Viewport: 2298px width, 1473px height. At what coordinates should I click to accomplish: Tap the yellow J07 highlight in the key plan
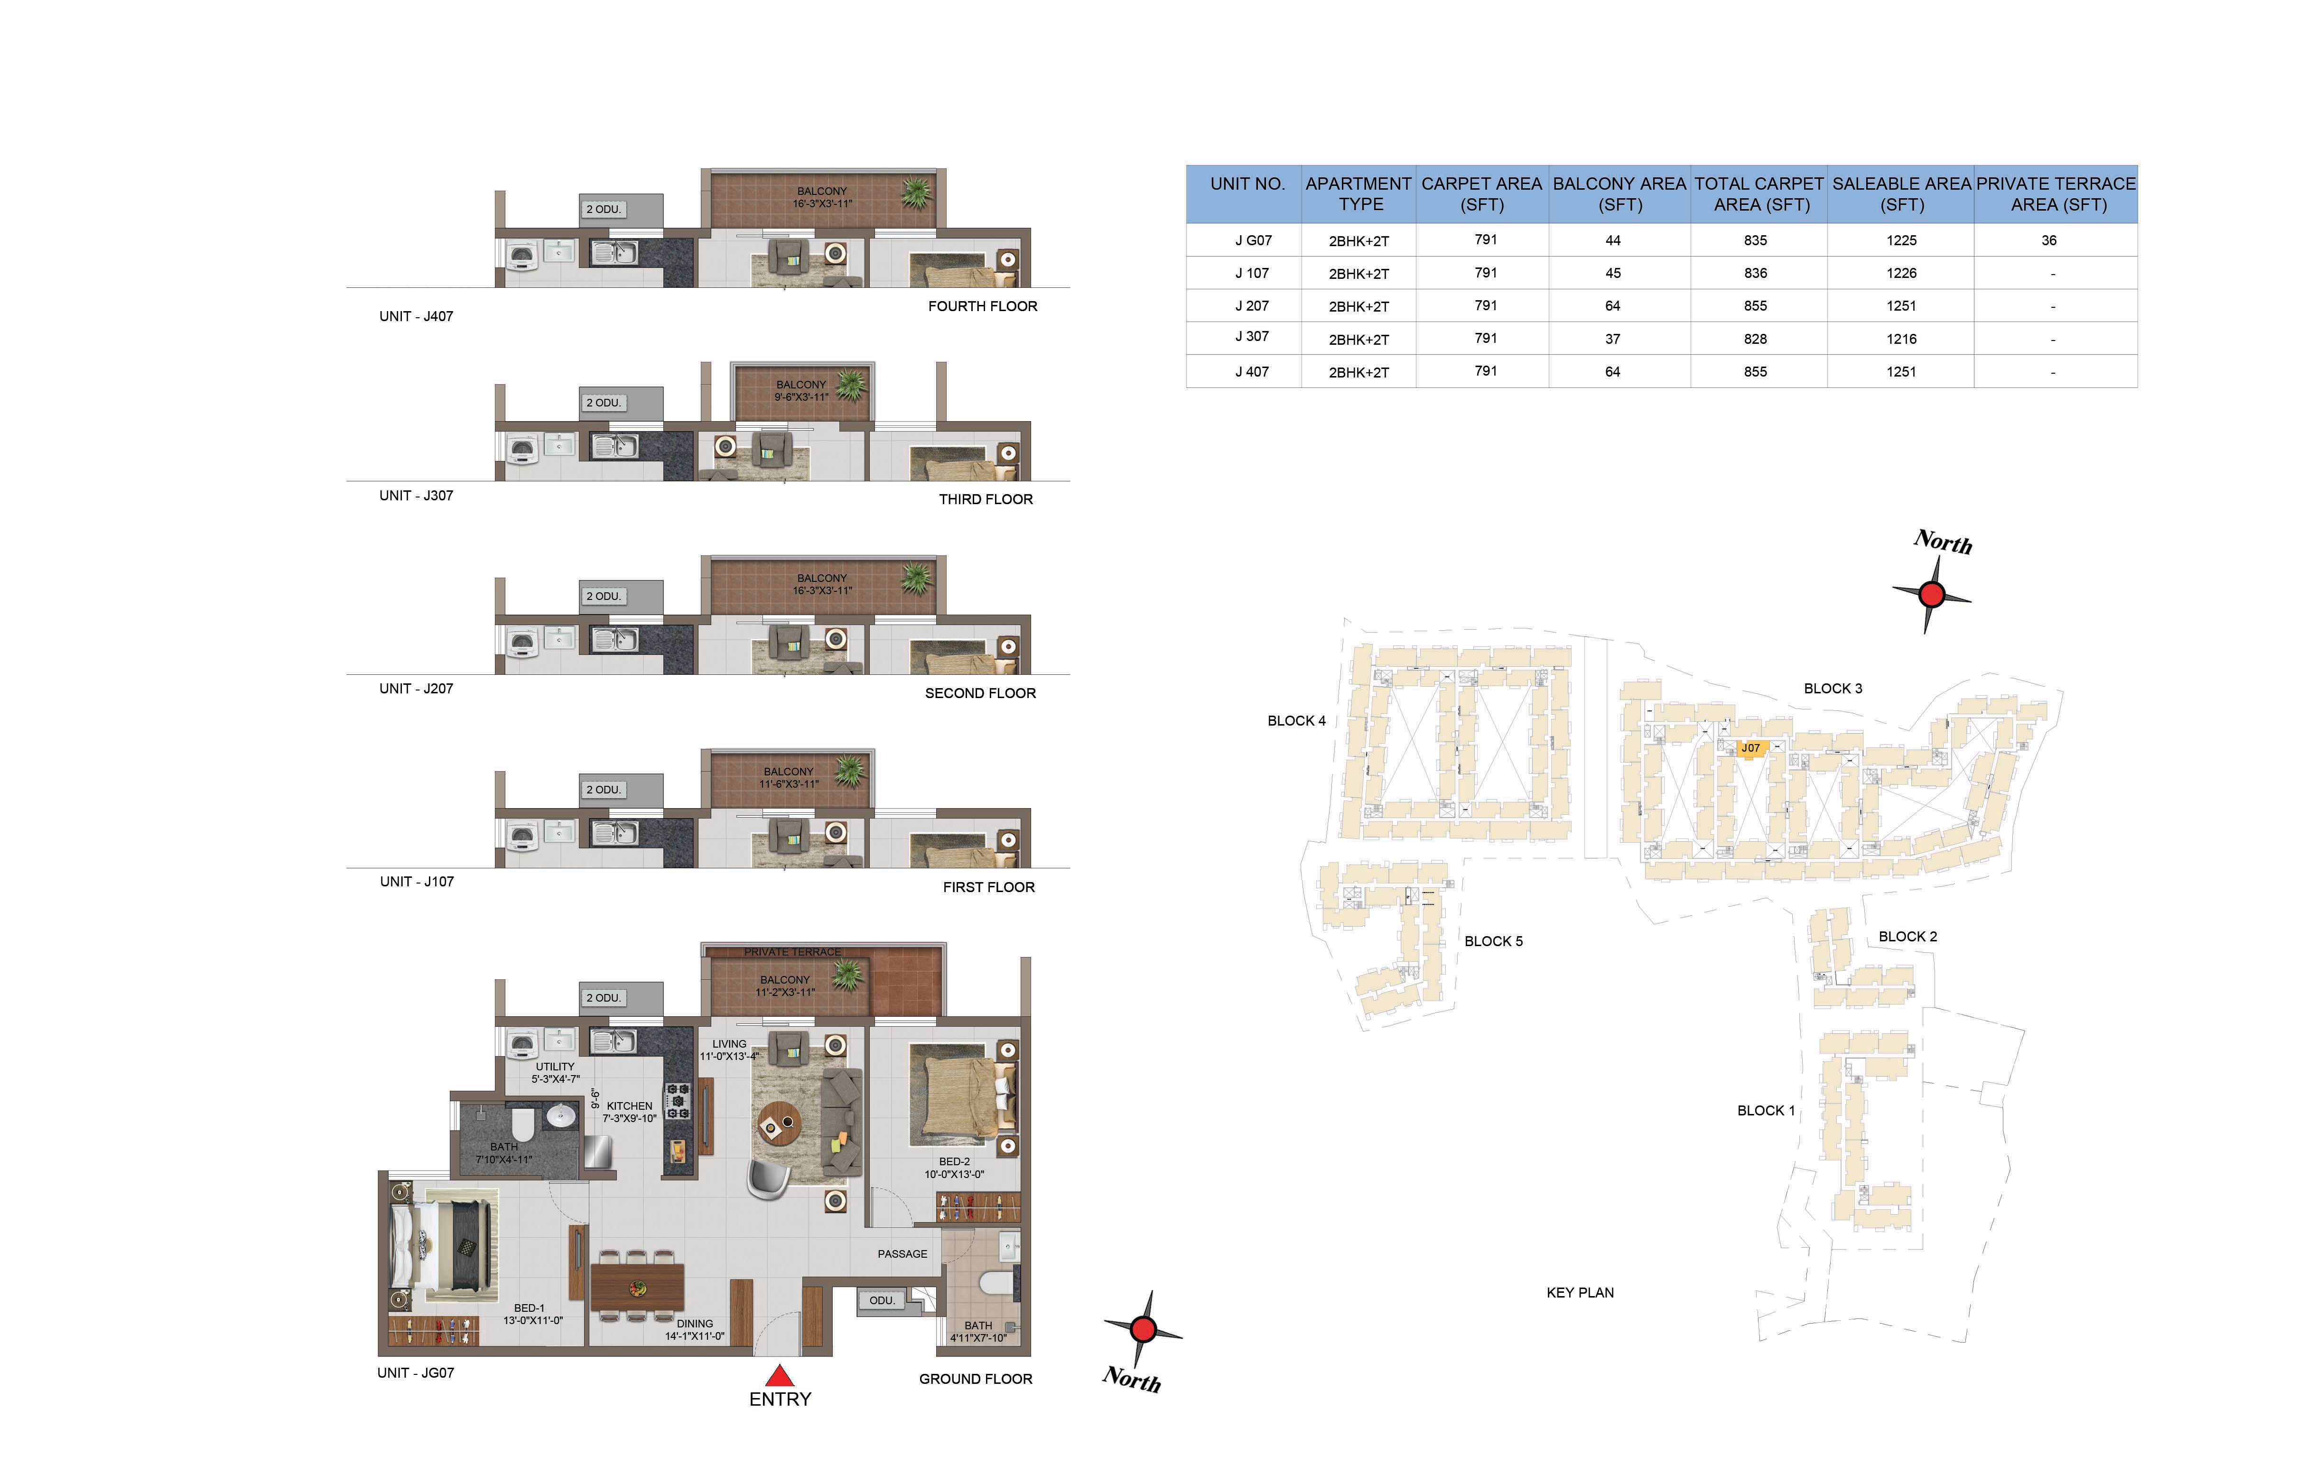1750,749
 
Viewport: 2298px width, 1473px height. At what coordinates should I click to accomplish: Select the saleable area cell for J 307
1901,339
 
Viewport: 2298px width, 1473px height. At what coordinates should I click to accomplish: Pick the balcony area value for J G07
1613,240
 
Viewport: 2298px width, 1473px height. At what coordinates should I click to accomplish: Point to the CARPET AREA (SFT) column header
1482,194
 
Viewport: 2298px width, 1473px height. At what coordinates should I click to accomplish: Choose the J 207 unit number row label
1251,306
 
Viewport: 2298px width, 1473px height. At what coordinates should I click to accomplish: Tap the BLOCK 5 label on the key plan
1493,941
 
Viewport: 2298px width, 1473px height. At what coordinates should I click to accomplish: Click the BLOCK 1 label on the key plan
1766,1111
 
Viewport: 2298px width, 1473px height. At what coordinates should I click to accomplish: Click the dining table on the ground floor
637,1288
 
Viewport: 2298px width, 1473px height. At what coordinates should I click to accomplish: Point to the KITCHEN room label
630,1106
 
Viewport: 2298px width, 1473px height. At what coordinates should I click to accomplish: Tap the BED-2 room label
954,1161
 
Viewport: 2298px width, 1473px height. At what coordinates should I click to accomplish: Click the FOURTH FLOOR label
983,306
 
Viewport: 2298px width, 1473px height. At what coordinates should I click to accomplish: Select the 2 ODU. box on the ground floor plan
604,998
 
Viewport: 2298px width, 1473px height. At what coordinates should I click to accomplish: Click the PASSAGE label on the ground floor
902,1254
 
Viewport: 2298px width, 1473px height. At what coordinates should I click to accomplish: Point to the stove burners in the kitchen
677,1101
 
